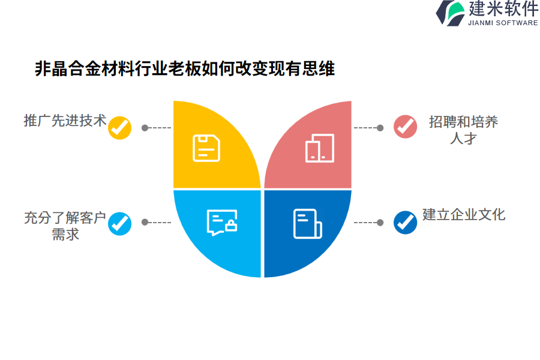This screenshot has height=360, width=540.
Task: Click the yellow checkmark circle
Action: [x=119, y=128]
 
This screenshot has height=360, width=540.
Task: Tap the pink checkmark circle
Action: [x=406, y=127]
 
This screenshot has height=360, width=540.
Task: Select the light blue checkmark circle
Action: [x=119, y=224]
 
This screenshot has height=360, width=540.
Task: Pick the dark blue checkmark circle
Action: [x=406, y=222]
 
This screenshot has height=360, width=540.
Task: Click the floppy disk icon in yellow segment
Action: [x=206, y=148]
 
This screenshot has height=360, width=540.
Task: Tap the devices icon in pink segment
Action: [x=320, y=148]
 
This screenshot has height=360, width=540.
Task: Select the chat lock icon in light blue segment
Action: [x=222, y=222]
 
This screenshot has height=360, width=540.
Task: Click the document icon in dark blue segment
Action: [x=308, y=224]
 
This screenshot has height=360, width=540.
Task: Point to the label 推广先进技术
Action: [x=65, y=121]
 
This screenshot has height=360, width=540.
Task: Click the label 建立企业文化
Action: [x=464, y=214]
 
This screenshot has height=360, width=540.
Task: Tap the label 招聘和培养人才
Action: [x=464, y=130]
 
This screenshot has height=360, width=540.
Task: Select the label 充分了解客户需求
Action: [x=65, y=226]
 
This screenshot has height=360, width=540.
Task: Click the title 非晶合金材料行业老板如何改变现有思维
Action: [x=185, y=68]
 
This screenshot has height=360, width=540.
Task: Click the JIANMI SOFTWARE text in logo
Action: [x=503, y=23]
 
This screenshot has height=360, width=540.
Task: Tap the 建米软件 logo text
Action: [x=503, y=8]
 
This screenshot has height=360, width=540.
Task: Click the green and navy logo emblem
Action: [x=451, y=13]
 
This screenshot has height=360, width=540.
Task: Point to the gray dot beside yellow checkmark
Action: [x=145, y=128]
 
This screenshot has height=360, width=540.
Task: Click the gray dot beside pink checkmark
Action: [x=380, y=128]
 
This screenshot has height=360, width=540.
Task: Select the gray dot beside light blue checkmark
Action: [x=145, y=222]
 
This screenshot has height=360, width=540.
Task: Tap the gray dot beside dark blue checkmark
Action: [x=380, y=223]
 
